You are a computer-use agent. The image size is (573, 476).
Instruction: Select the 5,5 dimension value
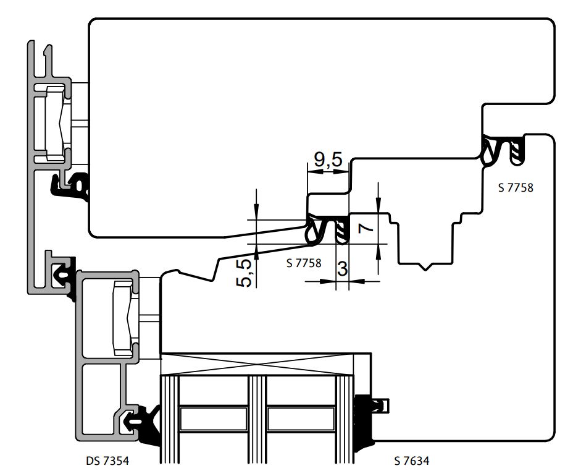[245, 273]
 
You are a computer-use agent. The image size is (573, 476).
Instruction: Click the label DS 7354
[109, 461]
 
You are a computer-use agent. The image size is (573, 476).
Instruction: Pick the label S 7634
[412, 461]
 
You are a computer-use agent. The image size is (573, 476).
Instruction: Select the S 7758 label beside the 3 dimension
[304, 262]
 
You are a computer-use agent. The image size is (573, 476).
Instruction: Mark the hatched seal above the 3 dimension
[341, 230]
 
